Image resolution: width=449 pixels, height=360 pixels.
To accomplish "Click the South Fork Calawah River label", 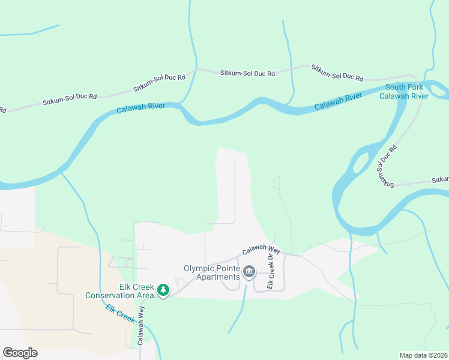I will click(x=406, y=91).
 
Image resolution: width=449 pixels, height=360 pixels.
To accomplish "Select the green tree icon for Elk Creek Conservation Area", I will click(x=163, y=290).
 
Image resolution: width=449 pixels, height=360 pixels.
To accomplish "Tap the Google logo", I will click(x=20, y=353).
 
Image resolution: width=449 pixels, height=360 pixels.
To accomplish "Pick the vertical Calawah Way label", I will click(x=140, y=325).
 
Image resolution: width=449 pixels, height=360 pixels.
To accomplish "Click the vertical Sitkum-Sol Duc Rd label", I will click(x=386, y=164).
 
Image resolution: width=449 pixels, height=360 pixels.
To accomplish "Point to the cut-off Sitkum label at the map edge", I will click(x=441, y=179).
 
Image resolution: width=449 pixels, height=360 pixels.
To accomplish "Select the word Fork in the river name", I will click(x=414, y=87).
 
